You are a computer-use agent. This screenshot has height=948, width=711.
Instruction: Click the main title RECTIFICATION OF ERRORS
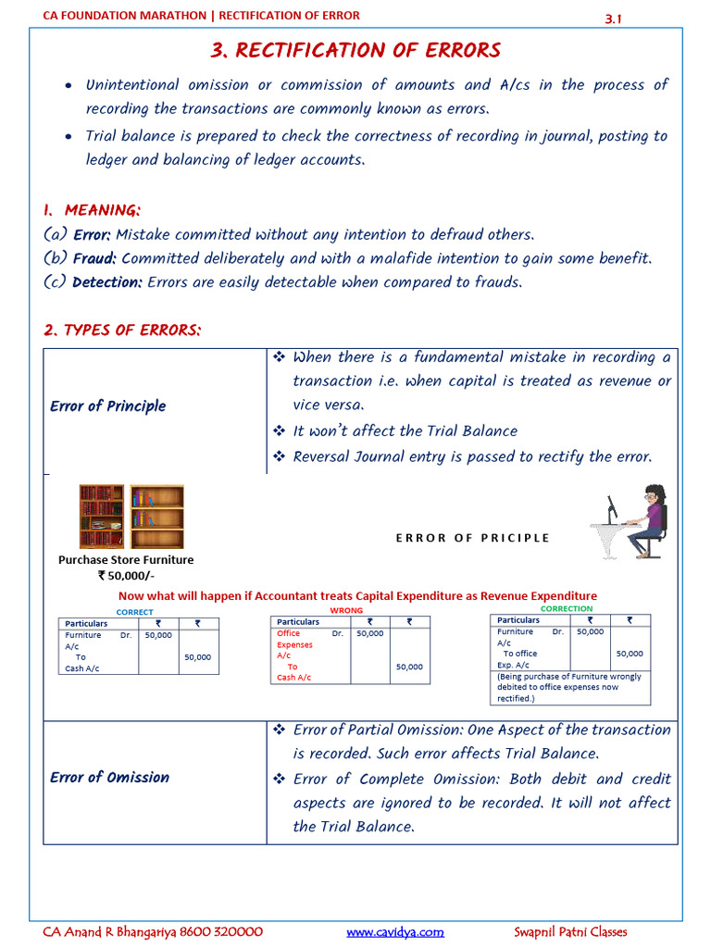click(x=355, y=50)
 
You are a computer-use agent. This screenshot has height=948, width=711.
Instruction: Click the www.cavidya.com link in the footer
click(x=395, y=931)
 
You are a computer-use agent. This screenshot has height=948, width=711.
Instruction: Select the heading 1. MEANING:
click(x=92, y=210)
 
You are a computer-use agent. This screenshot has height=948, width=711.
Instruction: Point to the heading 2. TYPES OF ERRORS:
click(x=122, y=331)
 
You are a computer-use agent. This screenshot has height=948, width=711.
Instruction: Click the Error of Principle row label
click(x=108, y=405)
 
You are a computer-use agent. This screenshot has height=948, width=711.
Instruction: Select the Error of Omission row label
click(x=109, y=778)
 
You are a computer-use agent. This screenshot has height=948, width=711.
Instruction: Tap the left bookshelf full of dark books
click(x=102, y=517)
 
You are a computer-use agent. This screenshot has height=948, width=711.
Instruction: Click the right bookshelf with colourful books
click(x=156, y=517)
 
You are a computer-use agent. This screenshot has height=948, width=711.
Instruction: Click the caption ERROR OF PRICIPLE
click(x=472, y=538)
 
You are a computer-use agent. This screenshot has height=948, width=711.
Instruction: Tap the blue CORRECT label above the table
click(x=134, y=612)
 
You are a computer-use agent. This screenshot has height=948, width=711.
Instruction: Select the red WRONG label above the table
click(x=346, y=611)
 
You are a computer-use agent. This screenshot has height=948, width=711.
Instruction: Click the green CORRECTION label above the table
click(x=566, y=608)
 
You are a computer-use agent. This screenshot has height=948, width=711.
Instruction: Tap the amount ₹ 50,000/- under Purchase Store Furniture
click(x=126, y=575)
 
